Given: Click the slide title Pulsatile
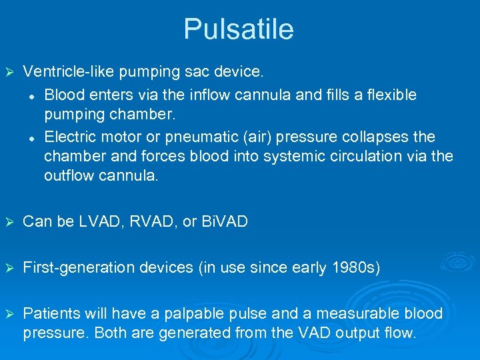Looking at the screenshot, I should pos(239,29).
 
